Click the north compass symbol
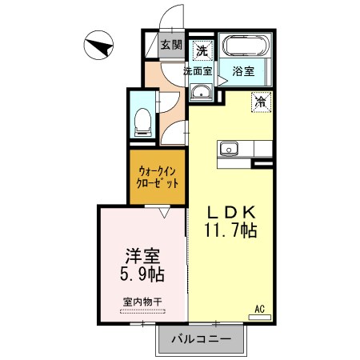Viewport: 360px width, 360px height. [98, 45]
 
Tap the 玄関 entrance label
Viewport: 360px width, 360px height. [171, 45]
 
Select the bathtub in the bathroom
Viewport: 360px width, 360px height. [246, 46]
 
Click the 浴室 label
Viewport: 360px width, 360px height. [243, 71]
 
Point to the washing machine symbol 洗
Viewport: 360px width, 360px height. [202, 50]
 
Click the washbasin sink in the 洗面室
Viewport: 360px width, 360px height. [201, 92]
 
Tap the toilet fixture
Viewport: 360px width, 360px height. [142, 122]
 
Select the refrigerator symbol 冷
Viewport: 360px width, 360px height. [261, 102]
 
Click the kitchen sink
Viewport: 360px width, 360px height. [229, 149]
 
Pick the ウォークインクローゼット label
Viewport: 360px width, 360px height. [157, 178]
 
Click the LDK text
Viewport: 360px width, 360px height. [231, 213]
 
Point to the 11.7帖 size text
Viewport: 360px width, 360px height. [230, 230]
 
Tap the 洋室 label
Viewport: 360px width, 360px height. [142, 256]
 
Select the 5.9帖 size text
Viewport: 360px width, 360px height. [142, 274]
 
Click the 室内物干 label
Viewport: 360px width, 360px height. [142, 302]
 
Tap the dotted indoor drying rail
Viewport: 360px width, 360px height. [142, 311]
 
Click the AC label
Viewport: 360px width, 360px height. [259, 309]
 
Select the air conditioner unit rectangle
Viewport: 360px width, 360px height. [259, 318]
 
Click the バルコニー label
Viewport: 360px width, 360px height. [202, 339]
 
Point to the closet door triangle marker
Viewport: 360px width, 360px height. [164, 213]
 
